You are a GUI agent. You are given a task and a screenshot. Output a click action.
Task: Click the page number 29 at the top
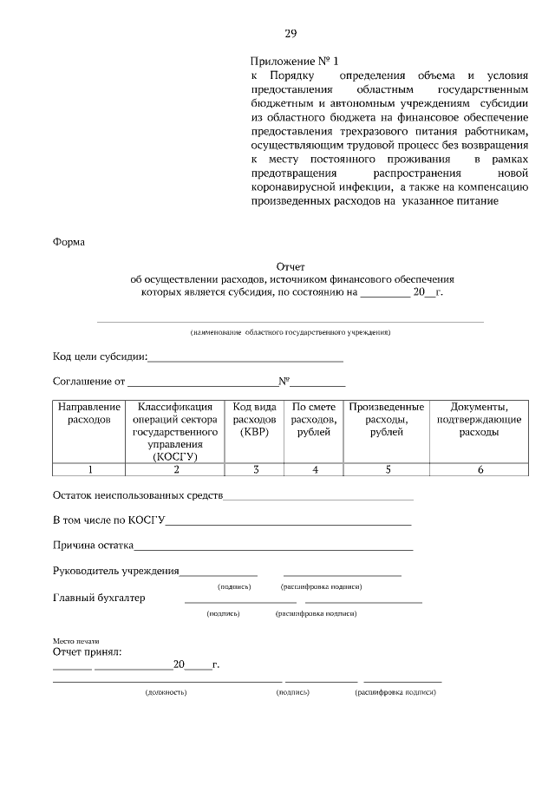coord(291,34)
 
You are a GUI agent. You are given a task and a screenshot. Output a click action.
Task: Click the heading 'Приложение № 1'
coord(294,61)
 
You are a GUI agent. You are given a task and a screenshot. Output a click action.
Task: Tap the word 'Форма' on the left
coord(69,242)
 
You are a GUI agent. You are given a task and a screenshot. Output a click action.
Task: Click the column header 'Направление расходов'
coord(88,413)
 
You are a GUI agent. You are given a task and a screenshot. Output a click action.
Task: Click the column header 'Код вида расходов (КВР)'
coord(255,419)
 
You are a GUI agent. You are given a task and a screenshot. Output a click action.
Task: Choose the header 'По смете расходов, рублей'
coord(314,419)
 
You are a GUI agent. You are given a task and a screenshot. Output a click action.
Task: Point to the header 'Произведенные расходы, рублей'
coord(386,419)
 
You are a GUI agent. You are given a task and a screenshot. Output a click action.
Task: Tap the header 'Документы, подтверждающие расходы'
coord(479,419)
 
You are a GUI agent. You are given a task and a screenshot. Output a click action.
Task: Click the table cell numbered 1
coord(88,469)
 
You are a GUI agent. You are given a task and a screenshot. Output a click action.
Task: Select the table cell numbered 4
coord(314,469)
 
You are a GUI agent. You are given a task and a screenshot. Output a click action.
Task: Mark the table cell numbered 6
coord(479,469)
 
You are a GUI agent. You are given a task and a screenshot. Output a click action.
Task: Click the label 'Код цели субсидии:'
coord(100,357)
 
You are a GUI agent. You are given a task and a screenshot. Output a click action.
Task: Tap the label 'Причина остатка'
coord(93,546)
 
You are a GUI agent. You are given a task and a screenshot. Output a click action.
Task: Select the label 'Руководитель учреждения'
coord(115,571)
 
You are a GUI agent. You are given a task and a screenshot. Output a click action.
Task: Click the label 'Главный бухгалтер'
coord(99,598)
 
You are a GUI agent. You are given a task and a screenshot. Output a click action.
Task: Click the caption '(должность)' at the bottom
coord(166,692)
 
